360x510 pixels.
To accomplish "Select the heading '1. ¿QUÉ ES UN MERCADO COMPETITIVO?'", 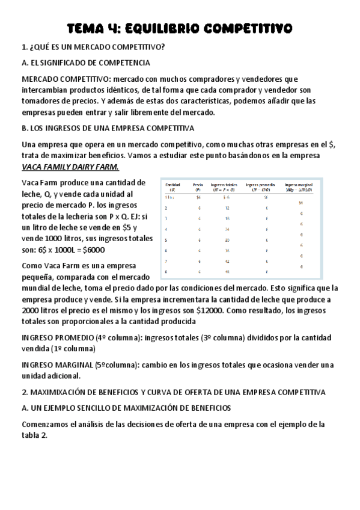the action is [94, 47].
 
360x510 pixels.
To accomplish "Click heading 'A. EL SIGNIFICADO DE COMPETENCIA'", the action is [85, 63].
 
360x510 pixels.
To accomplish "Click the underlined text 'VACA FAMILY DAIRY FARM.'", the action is [70, 167].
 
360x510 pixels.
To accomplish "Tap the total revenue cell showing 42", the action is [227, 262].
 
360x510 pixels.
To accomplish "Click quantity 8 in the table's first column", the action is [166, 272].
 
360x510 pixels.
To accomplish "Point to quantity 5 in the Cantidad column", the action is [166, 239].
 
